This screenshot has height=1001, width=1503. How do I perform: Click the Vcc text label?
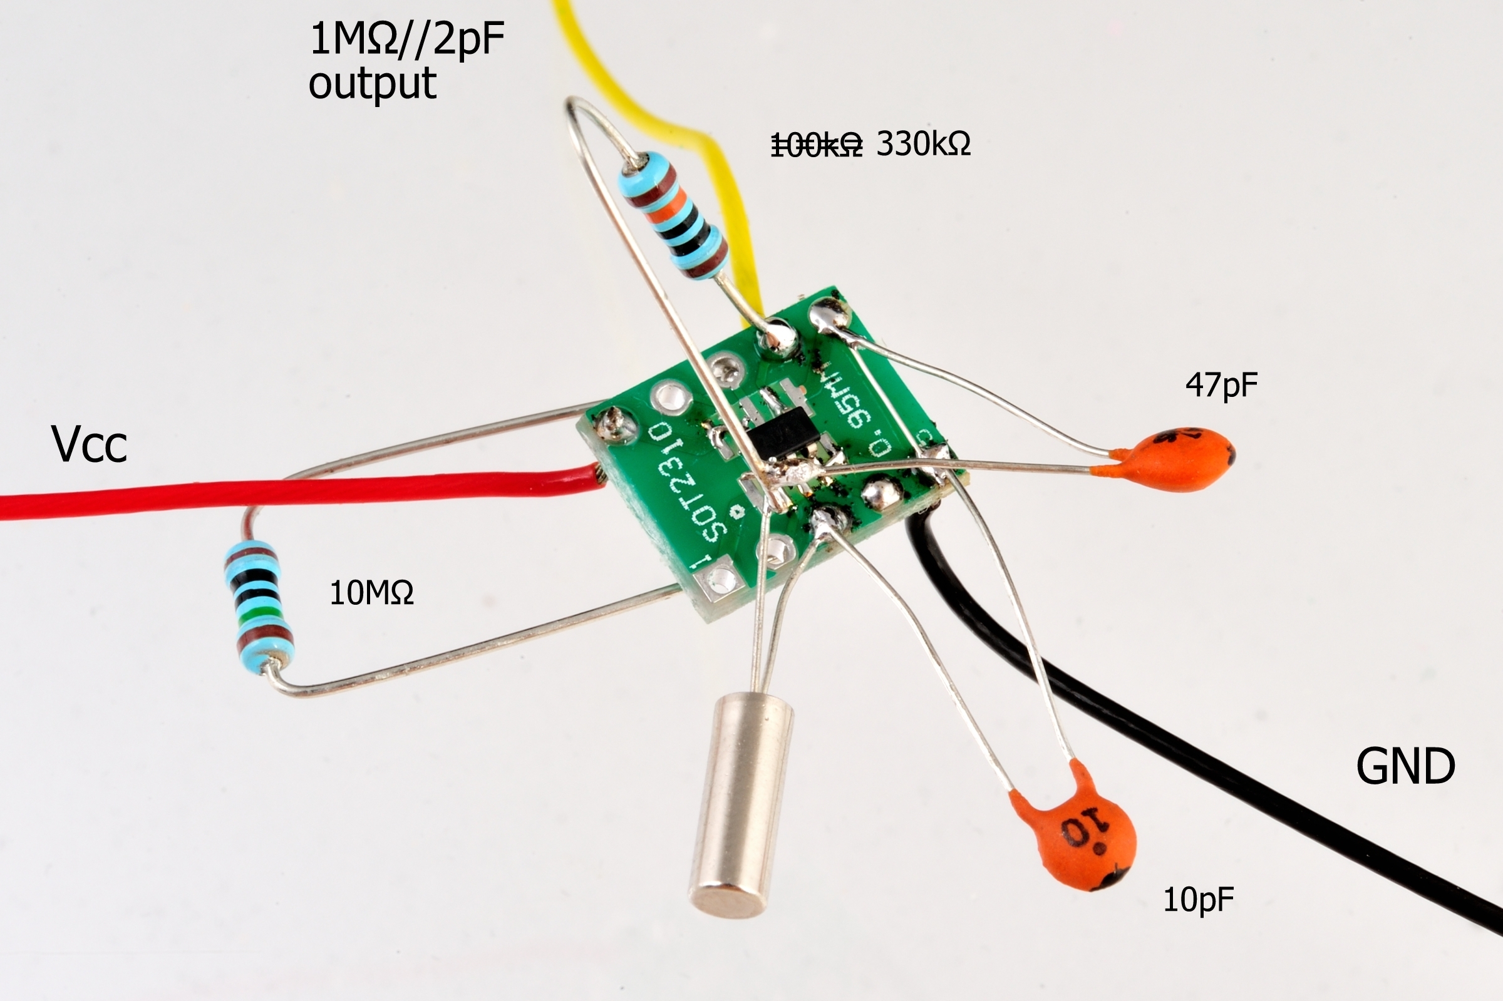(90, 445)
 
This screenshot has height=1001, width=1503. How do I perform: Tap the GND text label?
(1405, 767)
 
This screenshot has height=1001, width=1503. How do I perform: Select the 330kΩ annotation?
(923, 144)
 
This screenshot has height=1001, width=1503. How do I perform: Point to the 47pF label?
(1221, 385)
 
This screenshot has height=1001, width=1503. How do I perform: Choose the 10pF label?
(1199, 901)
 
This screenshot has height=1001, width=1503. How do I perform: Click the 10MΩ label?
(371, 593)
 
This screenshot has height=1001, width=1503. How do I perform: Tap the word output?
(372, 83)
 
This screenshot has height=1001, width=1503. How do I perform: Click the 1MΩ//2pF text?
(406, 39)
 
